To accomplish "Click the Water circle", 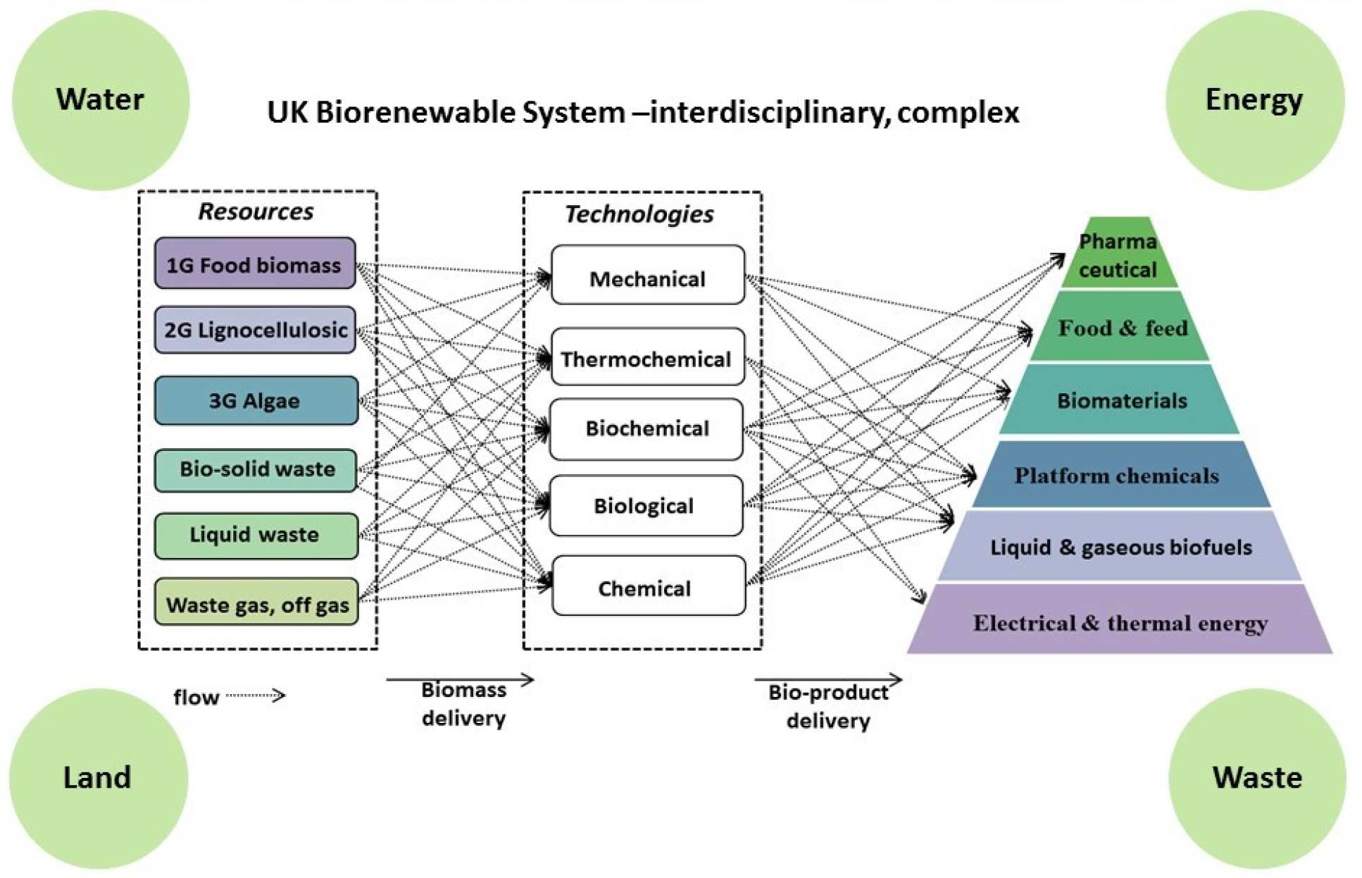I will click(x=101, y=99).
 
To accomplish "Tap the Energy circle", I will click(x=1254, y=99).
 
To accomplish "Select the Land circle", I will click(x=98, y=778).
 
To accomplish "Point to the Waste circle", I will click(x=1257, y=778).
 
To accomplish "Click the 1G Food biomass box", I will click(x=255, y=264).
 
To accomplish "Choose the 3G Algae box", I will click(x=256, y=400).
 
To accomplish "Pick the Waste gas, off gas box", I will click(x=256, y=602).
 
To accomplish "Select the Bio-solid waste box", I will click(x=256, y=469).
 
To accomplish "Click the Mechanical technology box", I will click(x=647, y=276).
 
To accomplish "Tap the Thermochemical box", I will click(x=647, y=357).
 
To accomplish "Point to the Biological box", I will click(x=645, y=505).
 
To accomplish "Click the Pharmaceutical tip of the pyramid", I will click(x=1118, y=255).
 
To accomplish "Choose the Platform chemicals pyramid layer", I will click(x=1118, y=476).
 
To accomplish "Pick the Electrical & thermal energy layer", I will click(x=1120, y=622).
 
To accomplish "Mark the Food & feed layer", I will click(x=1121, y=328).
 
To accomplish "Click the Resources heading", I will click(x=256, y=211).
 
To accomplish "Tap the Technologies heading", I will click(x=639, y=214).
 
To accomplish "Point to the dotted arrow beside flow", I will click(x=255, y=695).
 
